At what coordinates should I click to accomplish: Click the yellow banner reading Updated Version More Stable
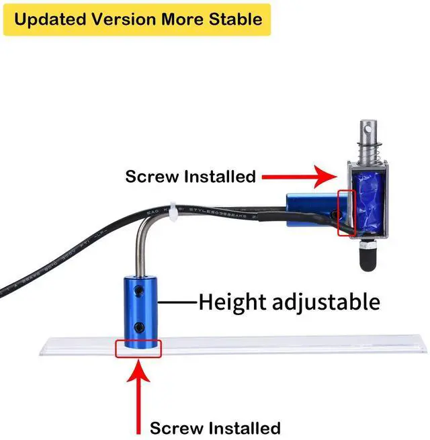(137, 19)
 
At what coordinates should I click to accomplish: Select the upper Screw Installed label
(191, 177)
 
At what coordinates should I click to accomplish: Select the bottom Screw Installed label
(215, 428)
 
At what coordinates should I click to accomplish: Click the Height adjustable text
(289, 302)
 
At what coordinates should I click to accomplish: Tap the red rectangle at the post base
(138, 348)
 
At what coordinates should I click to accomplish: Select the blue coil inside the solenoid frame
(367, 201)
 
